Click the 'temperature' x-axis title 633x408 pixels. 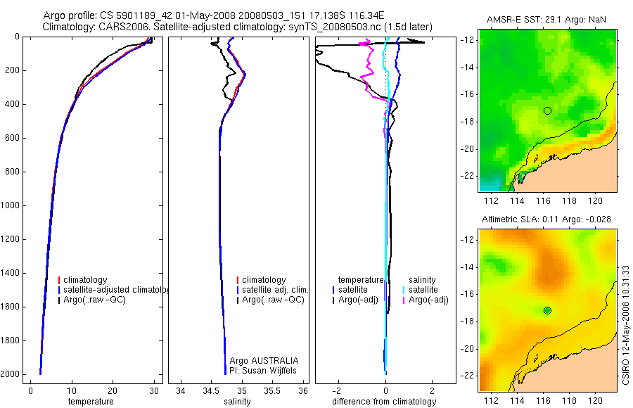[90, 402]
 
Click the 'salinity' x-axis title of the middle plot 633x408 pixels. [237, 402]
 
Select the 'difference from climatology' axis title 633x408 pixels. [384, 402]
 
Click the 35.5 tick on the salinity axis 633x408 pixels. [272, 391]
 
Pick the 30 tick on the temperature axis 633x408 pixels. [154, 391]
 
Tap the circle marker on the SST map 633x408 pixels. [547, 110]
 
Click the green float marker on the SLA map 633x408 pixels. [547, 310]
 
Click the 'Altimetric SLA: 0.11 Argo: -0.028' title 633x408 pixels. [547, 220]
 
